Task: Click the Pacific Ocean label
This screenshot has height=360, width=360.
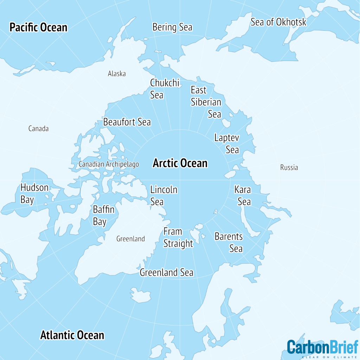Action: pyautogui.click(x=38, y=27)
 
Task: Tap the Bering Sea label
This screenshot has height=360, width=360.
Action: pyautogui.click(x=172, y=27)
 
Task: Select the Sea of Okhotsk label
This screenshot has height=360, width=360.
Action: pyautogui.click(x=278, y=22)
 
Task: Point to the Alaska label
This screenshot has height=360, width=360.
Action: pyautogui.click(x=117, y=74)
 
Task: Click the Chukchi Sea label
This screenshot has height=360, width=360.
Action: pyautogui.click(x=165, y=89)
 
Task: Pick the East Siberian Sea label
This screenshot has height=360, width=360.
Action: pyautogui.click(x=206, y=102)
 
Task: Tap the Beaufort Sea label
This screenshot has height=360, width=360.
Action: pyautogui.click(x=127, y=122)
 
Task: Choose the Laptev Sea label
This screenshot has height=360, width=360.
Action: pyautogui.click(x=227, y=143)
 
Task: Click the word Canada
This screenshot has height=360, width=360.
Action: pyautogui.click(x=38, y=129)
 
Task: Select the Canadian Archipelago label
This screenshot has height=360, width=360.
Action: pyautogui.click(x=109, y=164)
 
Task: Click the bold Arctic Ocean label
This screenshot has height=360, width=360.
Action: pyautogui.click(x=180, y=163)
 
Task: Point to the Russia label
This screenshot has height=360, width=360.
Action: pyautogui.click(x=289, y=167)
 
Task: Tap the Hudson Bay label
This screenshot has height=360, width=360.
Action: pyautogui.click(x=34, y=193)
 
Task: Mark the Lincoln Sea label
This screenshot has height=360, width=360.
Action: pyautogui.click(x=163, y=196)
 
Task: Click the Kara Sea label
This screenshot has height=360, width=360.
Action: pyautogui.click(x=243, y=195)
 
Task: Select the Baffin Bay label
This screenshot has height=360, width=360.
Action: pyautogui.click(x=103, y=216)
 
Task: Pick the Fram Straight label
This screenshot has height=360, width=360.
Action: pyautogui.click(x=178, y=238)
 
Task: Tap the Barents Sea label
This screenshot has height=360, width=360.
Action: pyautogui.click(x=229, y=242)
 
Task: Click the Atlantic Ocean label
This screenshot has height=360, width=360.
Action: pyautogui.click(x=72, y=335)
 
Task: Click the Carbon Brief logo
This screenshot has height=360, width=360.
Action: pyautogui.click(x=322, y=348)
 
